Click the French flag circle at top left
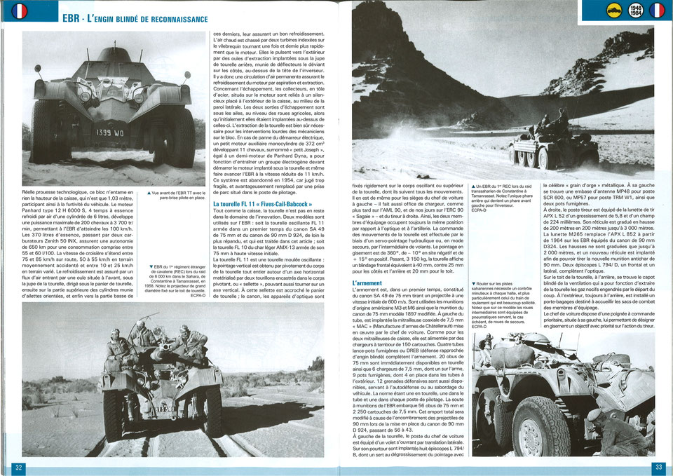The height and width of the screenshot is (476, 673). (x=20, y=11)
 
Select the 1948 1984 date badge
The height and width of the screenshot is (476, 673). (x=637, y=11)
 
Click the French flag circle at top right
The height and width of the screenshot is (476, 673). (x=657, y=11)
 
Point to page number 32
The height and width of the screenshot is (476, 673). (x=20, y=468)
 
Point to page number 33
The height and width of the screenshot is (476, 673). (x=658, y=468)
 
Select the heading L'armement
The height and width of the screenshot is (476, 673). (x=367, y=283)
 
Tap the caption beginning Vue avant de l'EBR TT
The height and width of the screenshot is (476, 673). (x=177, y=196)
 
